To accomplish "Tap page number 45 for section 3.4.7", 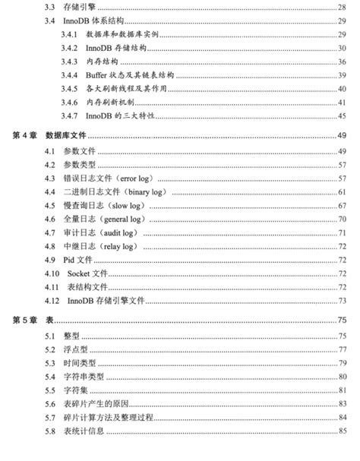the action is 342,115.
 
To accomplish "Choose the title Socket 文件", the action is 88,273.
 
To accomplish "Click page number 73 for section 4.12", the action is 342,301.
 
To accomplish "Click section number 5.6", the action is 50,404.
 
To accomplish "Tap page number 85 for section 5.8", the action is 342,431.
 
